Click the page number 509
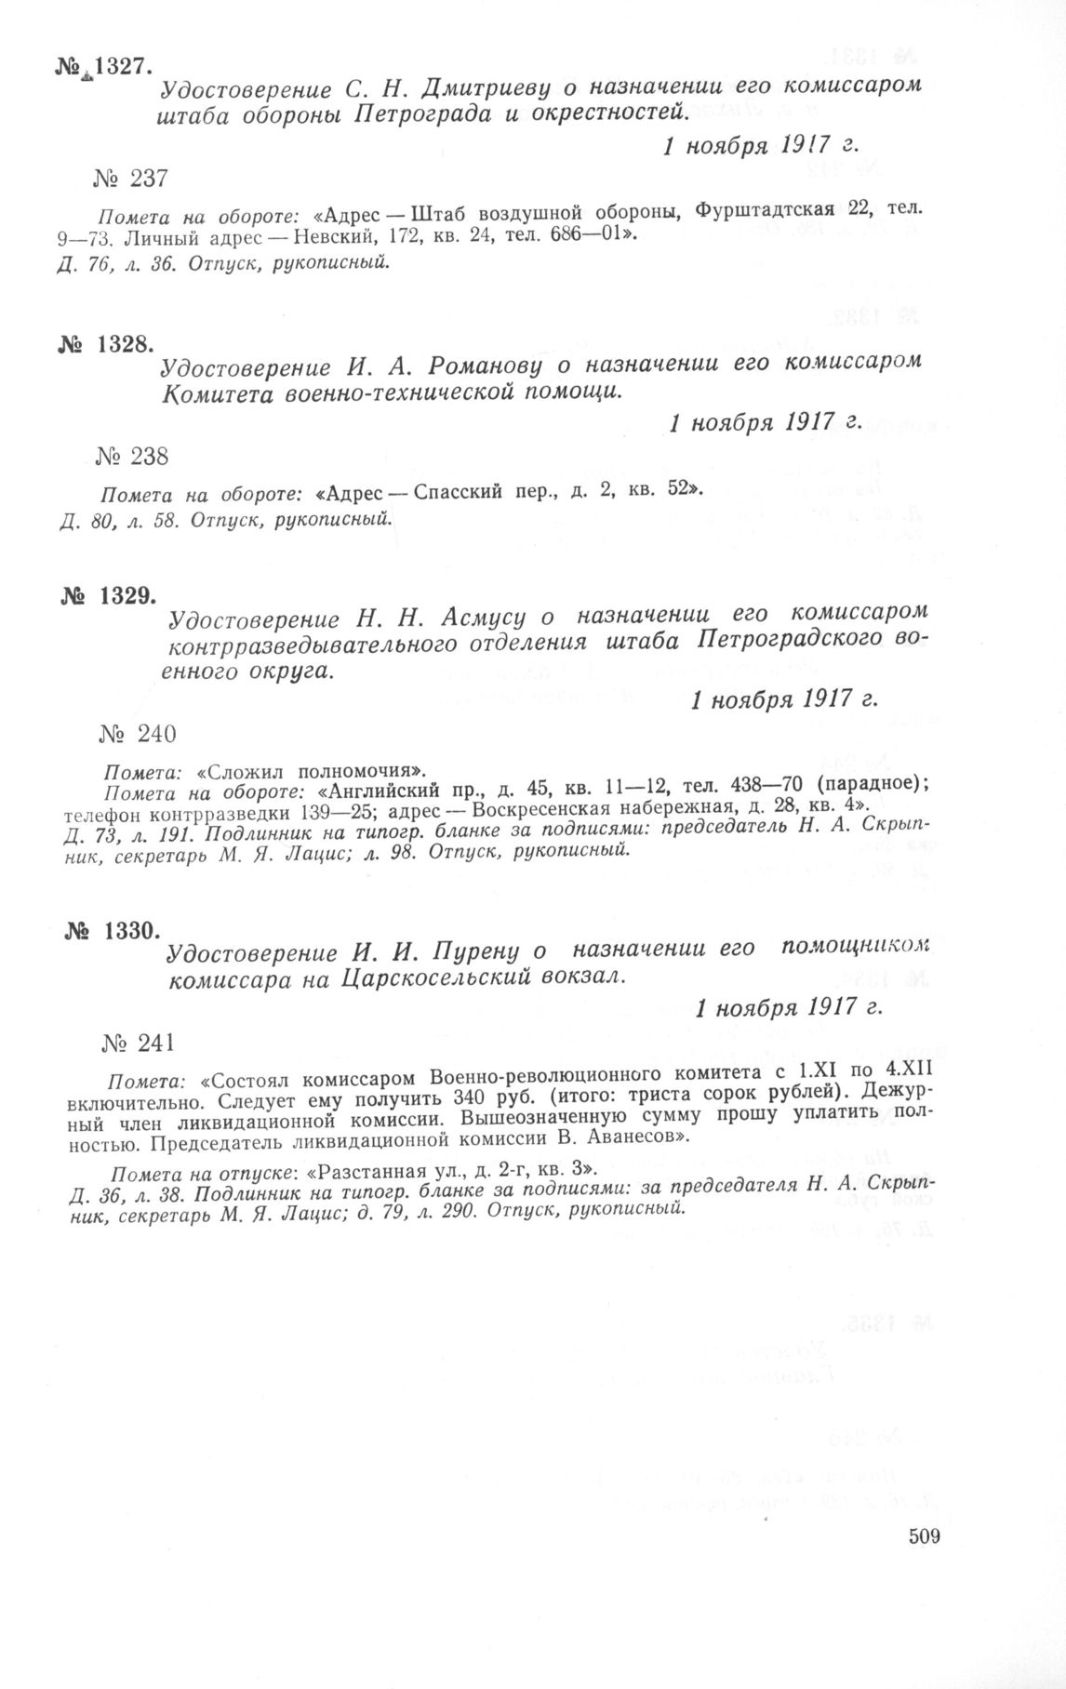coord(925,1536)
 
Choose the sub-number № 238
coord(131,456)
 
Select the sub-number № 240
coord(137,734)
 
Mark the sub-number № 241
coord(139,1043)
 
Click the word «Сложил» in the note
coord(244,770)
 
